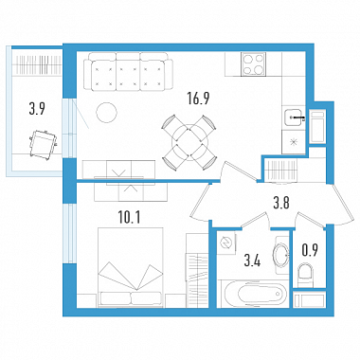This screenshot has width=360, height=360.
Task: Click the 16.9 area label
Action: (x=198, y=99)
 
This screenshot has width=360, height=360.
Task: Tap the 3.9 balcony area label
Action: (x=37, y=110)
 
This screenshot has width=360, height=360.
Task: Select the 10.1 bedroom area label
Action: (x=130, y=218)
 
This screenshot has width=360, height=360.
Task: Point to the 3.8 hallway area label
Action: (x=281, y=203)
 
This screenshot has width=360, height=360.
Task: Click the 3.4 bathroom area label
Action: (x=253, y=261)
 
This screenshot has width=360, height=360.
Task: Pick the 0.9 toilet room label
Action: (x=310, y=250)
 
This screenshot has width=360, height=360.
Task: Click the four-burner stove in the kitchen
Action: (x=253, y=64)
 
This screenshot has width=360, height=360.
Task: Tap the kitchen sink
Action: (x=294, y=117)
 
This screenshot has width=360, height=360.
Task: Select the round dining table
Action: (x=189, y=142)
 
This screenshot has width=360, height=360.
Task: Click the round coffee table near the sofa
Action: (x=106, y=113)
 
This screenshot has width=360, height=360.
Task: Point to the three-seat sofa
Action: (x=128, y=71)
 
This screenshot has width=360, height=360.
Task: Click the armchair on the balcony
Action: (x=43, y=144)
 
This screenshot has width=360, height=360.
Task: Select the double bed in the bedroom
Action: (x=131, y=267)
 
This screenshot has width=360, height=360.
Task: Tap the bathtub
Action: (x=253, y=294)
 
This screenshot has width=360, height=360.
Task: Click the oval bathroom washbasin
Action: (x=281, y=255)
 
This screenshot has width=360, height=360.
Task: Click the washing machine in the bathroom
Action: (x=226, y=243)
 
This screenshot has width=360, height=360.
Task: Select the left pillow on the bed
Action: (x=116, y=298)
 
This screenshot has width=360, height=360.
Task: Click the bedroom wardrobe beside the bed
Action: (x=197, y=270)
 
